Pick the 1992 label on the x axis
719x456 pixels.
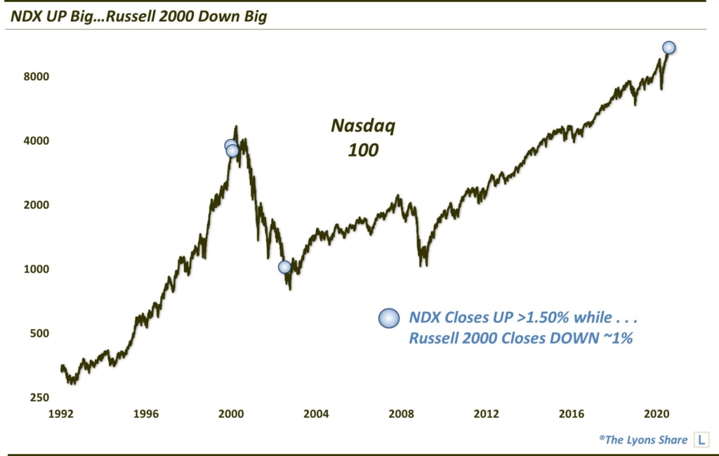pos(61,413)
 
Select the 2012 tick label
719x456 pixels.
pos(486,413)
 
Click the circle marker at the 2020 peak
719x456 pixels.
pos(668,48)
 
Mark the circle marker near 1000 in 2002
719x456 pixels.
pos(284,267)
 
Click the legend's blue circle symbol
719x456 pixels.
pos(388,318)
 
